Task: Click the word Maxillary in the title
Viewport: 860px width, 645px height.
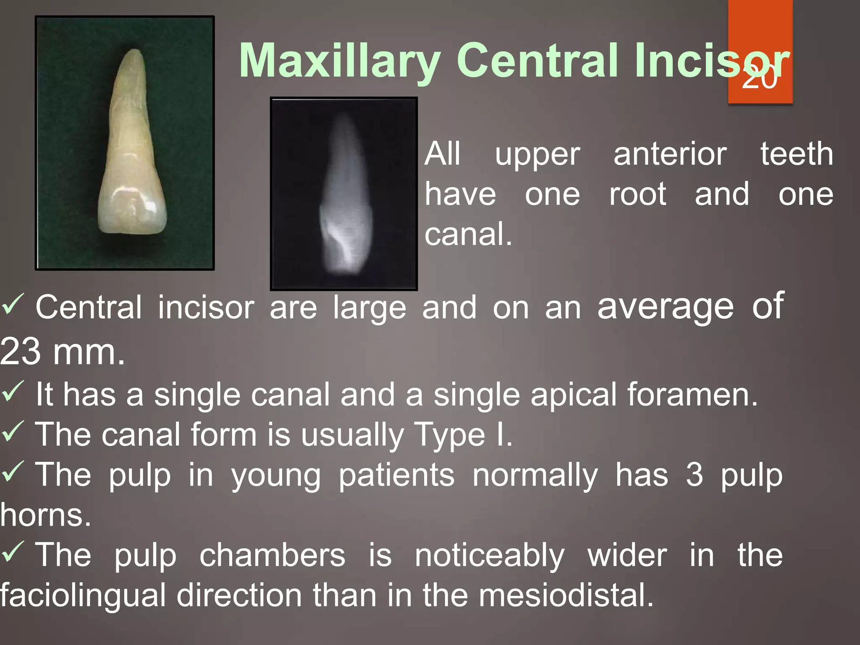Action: click(x=339, y=61)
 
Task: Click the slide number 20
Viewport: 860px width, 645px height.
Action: click(x=760, y=78)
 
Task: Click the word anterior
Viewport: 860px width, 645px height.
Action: click(x=670, y=154)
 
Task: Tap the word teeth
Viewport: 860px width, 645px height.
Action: click(x=797, y=154)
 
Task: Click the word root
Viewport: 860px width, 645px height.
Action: click(x=637, y=194)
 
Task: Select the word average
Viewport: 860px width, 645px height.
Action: click(x=666, y=307)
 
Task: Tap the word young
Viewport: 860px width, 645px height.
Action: click(x=276, y=476)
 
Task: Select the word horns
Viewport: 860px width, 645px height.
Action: click(x=45, y=515)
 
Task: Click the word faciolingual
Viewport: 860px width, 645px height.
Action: click(x=83, y=595)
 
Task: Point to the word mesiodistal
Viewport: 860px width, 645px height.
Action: click(x=566, y=595)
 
